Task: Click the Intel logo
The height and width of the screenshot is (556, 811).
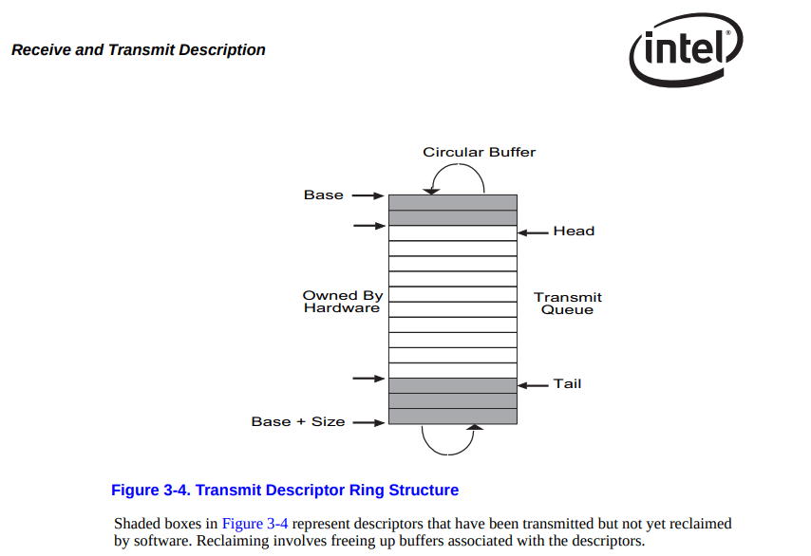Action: [x=685, y=49]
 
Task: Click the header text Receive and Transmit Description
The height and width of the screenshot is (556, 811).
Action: [x=139, y=50]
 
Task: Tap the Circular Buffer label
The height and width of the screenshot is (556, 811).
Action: [x=479, y=152]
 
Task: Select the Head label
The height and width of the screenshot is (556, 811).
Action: [x=574, y=231]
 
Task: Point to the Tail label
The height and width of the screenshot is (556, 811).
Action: [x=567, y=383]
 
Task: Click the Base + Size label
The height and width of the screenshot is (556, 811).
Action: [x=298, y=421]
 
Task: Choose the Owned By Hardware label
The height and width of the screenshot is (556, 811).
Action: [x=342, y=302]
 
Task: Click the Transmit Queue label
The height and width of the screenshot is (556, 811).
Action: [x=567, y=304]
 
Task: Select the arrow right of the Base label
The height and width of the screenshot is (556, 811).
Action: [x=368, y=195]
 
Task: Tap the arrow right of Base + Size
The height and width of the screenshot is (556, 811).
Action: [x=368, y=422]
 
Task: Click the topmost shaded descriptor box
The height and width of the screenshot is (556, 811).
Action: [x=453, y=202]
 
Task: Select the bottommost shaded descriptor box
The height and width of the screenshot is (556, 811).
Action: [x=453, y=416]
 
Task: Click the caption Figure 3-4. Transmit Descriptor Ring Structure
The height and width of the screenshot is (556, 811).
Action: [x=285, y=491]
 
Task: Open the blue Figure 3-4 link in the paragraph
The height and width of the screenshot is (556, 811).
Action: [x=255, y=524]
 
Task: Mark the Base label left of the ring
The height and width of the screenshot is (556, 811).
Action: [x=323, y=195]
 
